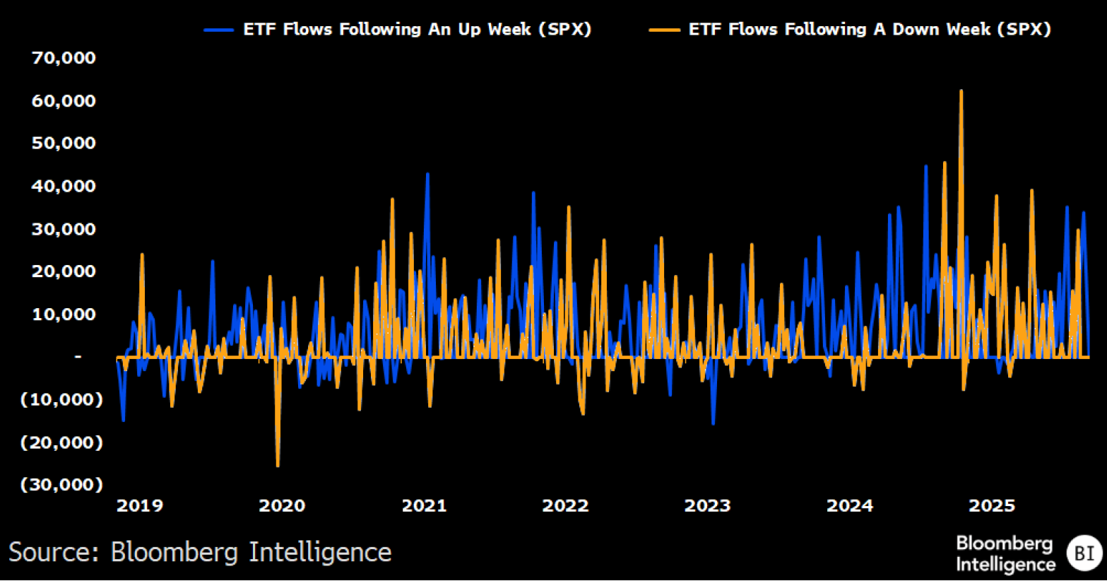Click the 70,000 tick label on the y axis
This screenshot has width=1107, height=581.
(64, 58)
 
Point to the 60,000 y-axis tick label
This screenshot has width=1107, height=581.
(64, 101)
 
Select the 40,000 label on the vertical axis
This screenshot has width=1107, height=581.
(64, 186)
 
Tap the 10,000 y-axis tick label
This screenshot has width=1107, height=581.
(64, 314)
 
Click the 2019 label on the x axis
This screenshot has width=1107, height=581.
(140, 505)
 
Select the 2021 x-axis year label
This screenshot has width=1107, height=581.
(424, 505)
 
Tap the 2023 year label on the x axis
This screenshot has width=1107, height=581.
(707, 505)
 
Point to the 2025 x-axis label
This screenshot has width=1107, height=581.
(992, 505)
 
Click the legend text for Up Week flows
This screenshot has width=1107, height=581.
(417, 30)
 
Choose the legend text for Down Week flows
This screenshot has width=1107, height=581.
(870, 30)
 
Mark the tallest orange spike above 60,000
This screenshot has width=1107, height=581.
(961, 91)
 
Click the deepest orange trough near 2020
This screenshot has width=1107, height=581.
(278, 465)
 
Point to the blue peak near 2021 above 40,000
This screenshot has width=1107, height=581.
(427, 174)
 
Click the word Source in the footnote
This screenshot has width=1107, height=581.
(54, 552)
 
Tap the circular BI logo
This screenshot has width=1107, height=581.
(1084, 553)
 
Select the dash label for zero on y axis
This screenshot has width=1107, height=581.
(78, 357)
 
